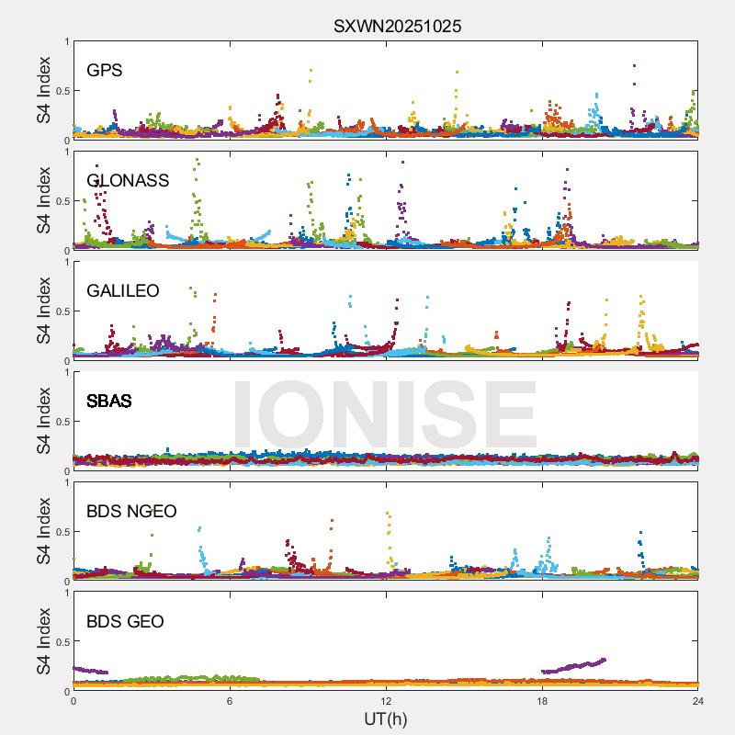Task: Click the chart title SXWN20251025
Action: (397, 27)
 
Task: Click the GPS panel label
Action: (105, 71)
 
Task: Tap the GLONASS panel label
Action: (128, 181)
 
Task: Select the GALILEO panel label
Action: (123, 291)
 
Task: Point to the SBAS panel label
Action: (108, 401)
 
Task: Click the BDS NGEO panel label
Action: (131, 512)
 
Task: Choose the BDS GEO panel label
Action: (125, 622)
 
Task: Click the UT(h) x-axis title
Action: (386, 718)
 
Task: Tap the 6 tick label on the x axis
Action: (230, 701)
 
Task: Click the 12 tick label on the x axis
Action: (386, 701)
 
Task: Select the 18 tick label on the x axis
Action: (542, 701)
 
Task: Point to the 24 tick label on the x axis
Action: (698, 701)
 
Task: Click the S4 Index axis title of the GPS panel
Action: (43, 90)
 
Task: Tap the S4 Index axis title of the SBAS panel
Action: (43, 421)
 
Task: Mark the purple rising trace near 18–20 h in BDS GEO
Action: (574, 666)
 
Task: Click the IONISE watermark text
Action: (385, 413)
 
